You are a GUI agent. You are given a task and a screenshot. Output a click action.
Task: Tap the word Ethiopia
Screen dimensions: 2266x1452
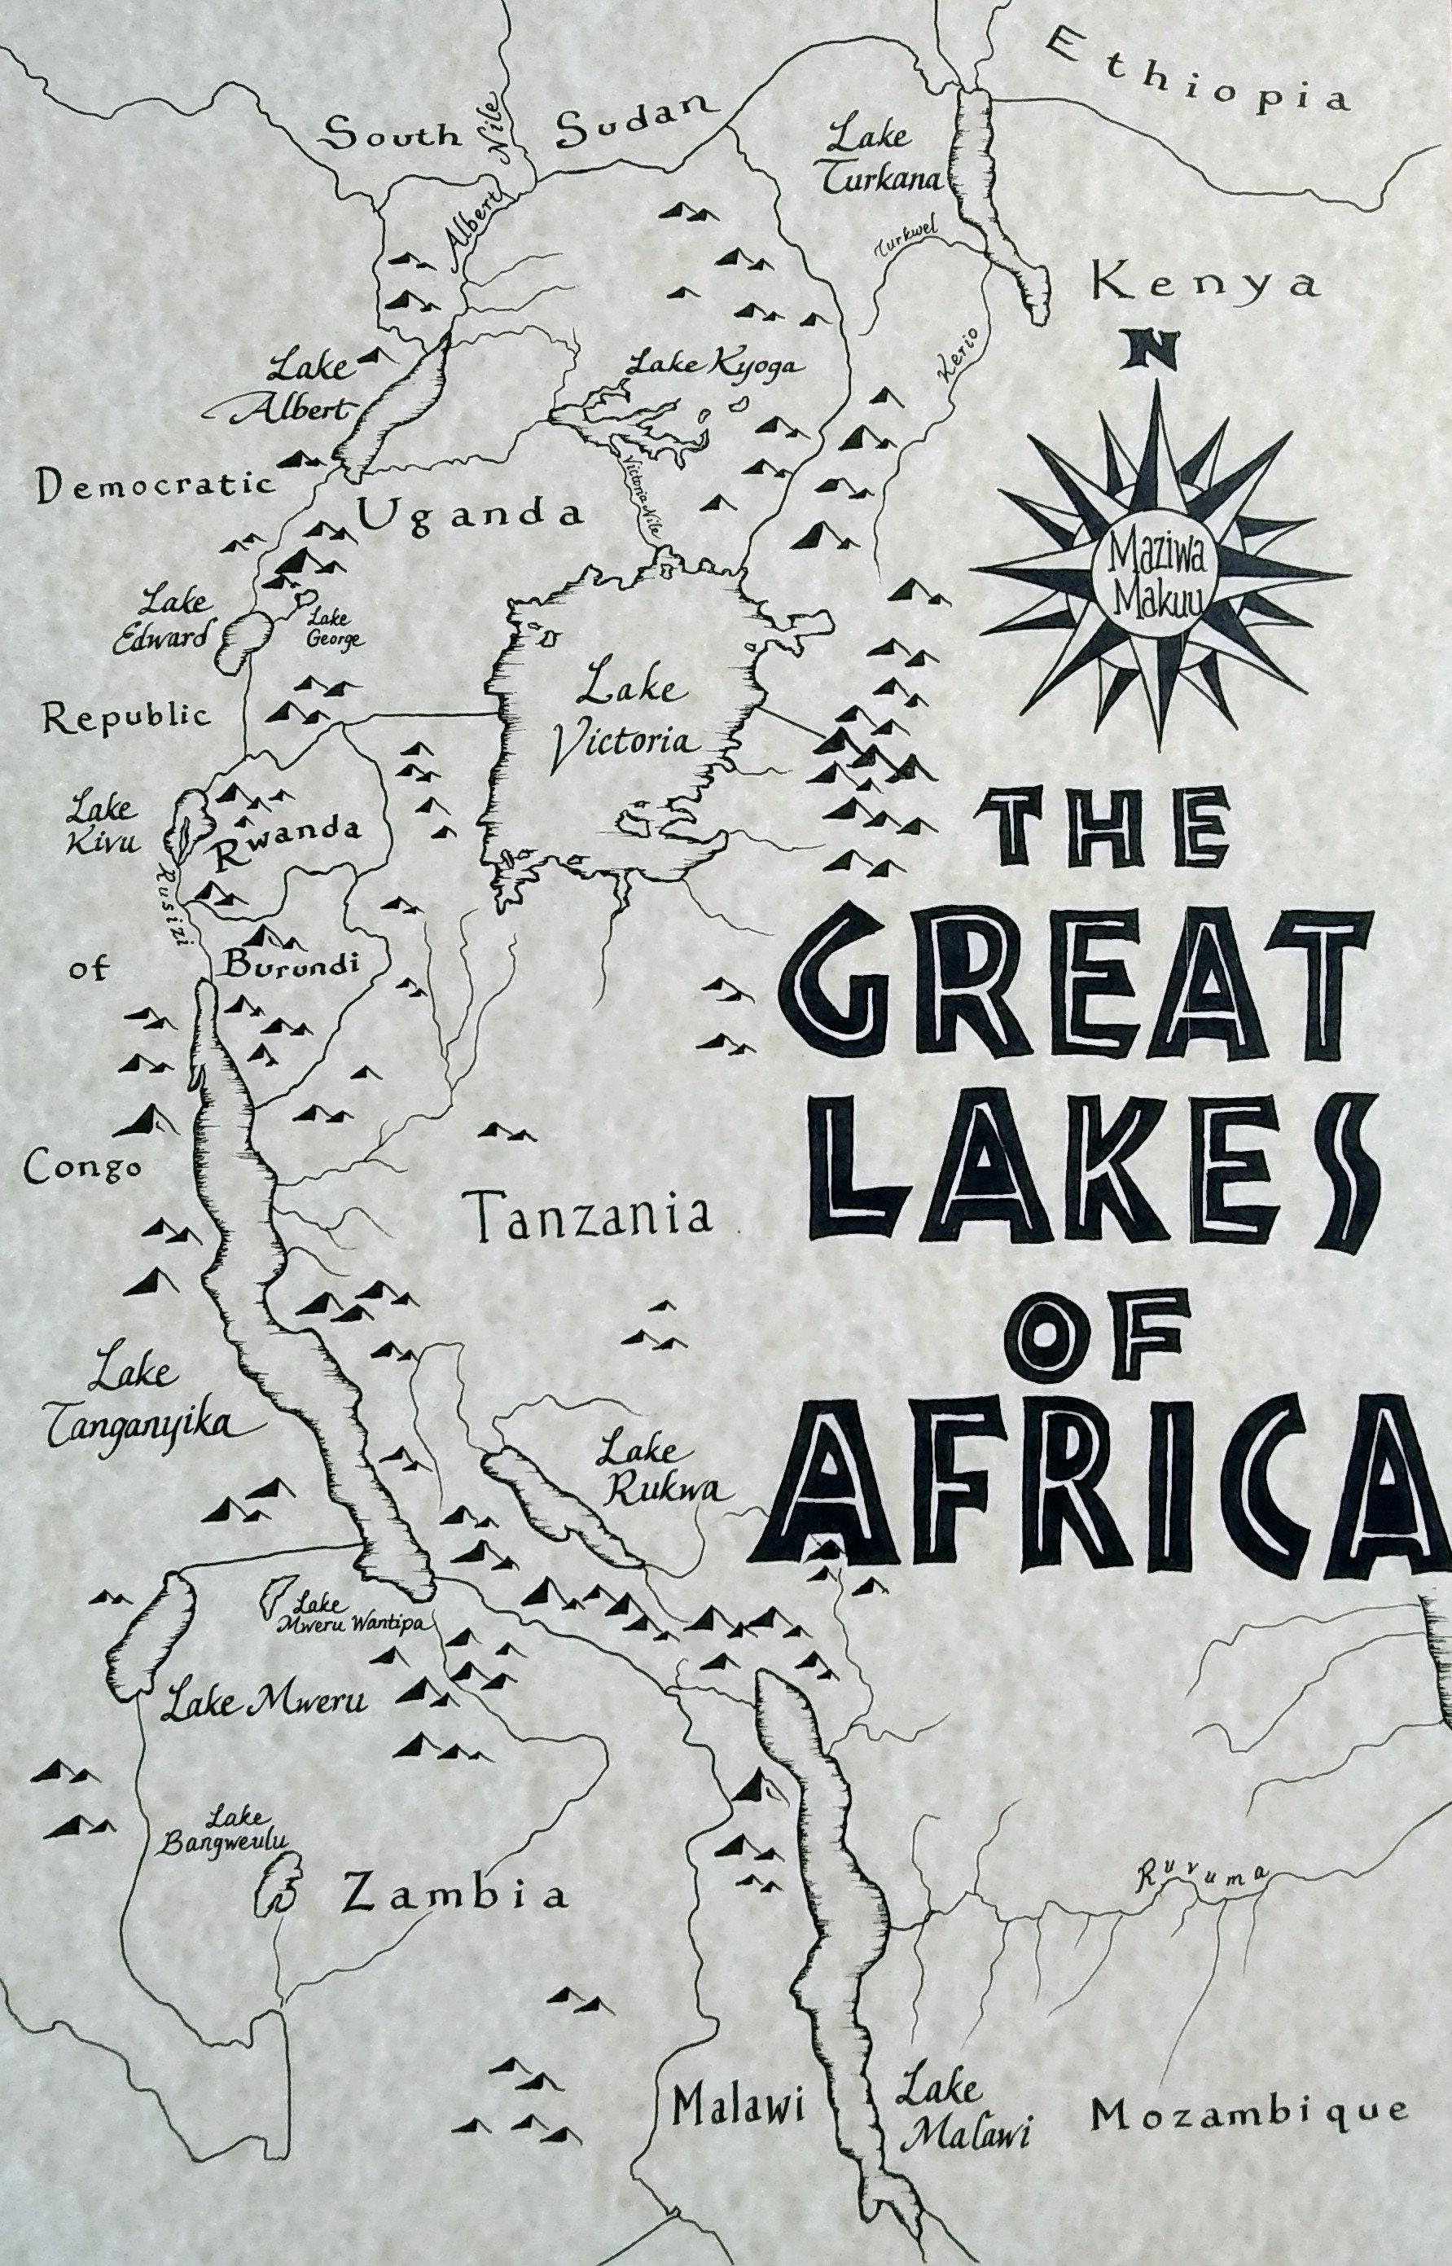point(1197,71)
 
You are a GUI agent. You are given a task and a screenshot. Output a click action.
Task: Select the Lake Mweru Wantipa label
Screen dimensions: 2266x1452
point(349,1616)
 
